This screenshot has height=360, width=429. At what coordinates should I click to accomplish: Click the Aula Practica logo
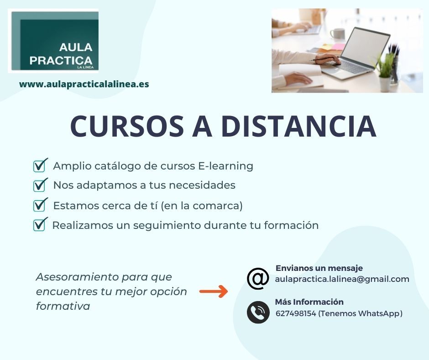click(x=53, y=41)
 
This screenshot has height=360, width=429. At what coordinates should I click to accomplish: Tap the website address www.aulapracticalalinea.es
click(x=84, y=84)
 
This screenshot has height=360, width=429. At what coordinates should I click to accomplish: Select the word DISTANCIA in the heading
click(x=299, y=126)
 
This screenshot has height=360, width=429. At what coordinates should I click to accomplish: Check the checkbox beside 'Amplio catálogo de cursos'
click(x=40, y=165)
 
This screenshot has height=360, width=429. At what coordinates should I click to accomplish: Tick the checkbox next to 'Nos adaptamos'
click(x=40, y=185)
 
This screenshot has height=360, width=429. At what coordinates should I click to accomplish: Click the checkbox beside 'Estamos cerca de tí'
click(x=40, y=205)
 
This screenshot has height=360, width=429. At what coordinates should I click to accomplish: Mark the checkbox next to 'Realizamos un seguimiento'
click(x=40, y=225)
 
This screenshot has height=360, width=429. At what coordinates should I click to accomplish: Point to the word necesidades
click(x=202, y=185)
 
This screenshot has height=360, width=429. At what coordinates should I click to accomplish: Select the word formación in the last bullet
click(x=291, y=225)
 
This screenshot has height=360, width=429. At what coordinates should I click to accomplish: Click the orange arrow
click(x=214, y=291)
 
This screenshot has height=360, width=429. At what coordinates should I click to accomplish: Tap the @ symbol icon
click(x=258, y=279)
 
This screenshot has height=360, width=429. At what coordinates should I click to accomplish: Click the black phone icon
click(x=258, y=312)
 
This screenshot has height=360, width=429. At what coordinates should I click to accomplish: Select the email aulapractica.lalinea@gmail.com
click(x=342, y=279)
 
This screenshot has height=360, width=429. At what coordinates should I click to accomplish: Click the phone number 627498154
click(x=296, y=313)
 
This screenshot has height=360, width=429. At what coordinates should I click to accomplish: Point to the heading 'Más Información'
click(x=309, y=302)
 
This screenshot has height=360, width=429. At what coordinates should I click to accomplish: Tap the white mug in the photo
click(x=337, y=34)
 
